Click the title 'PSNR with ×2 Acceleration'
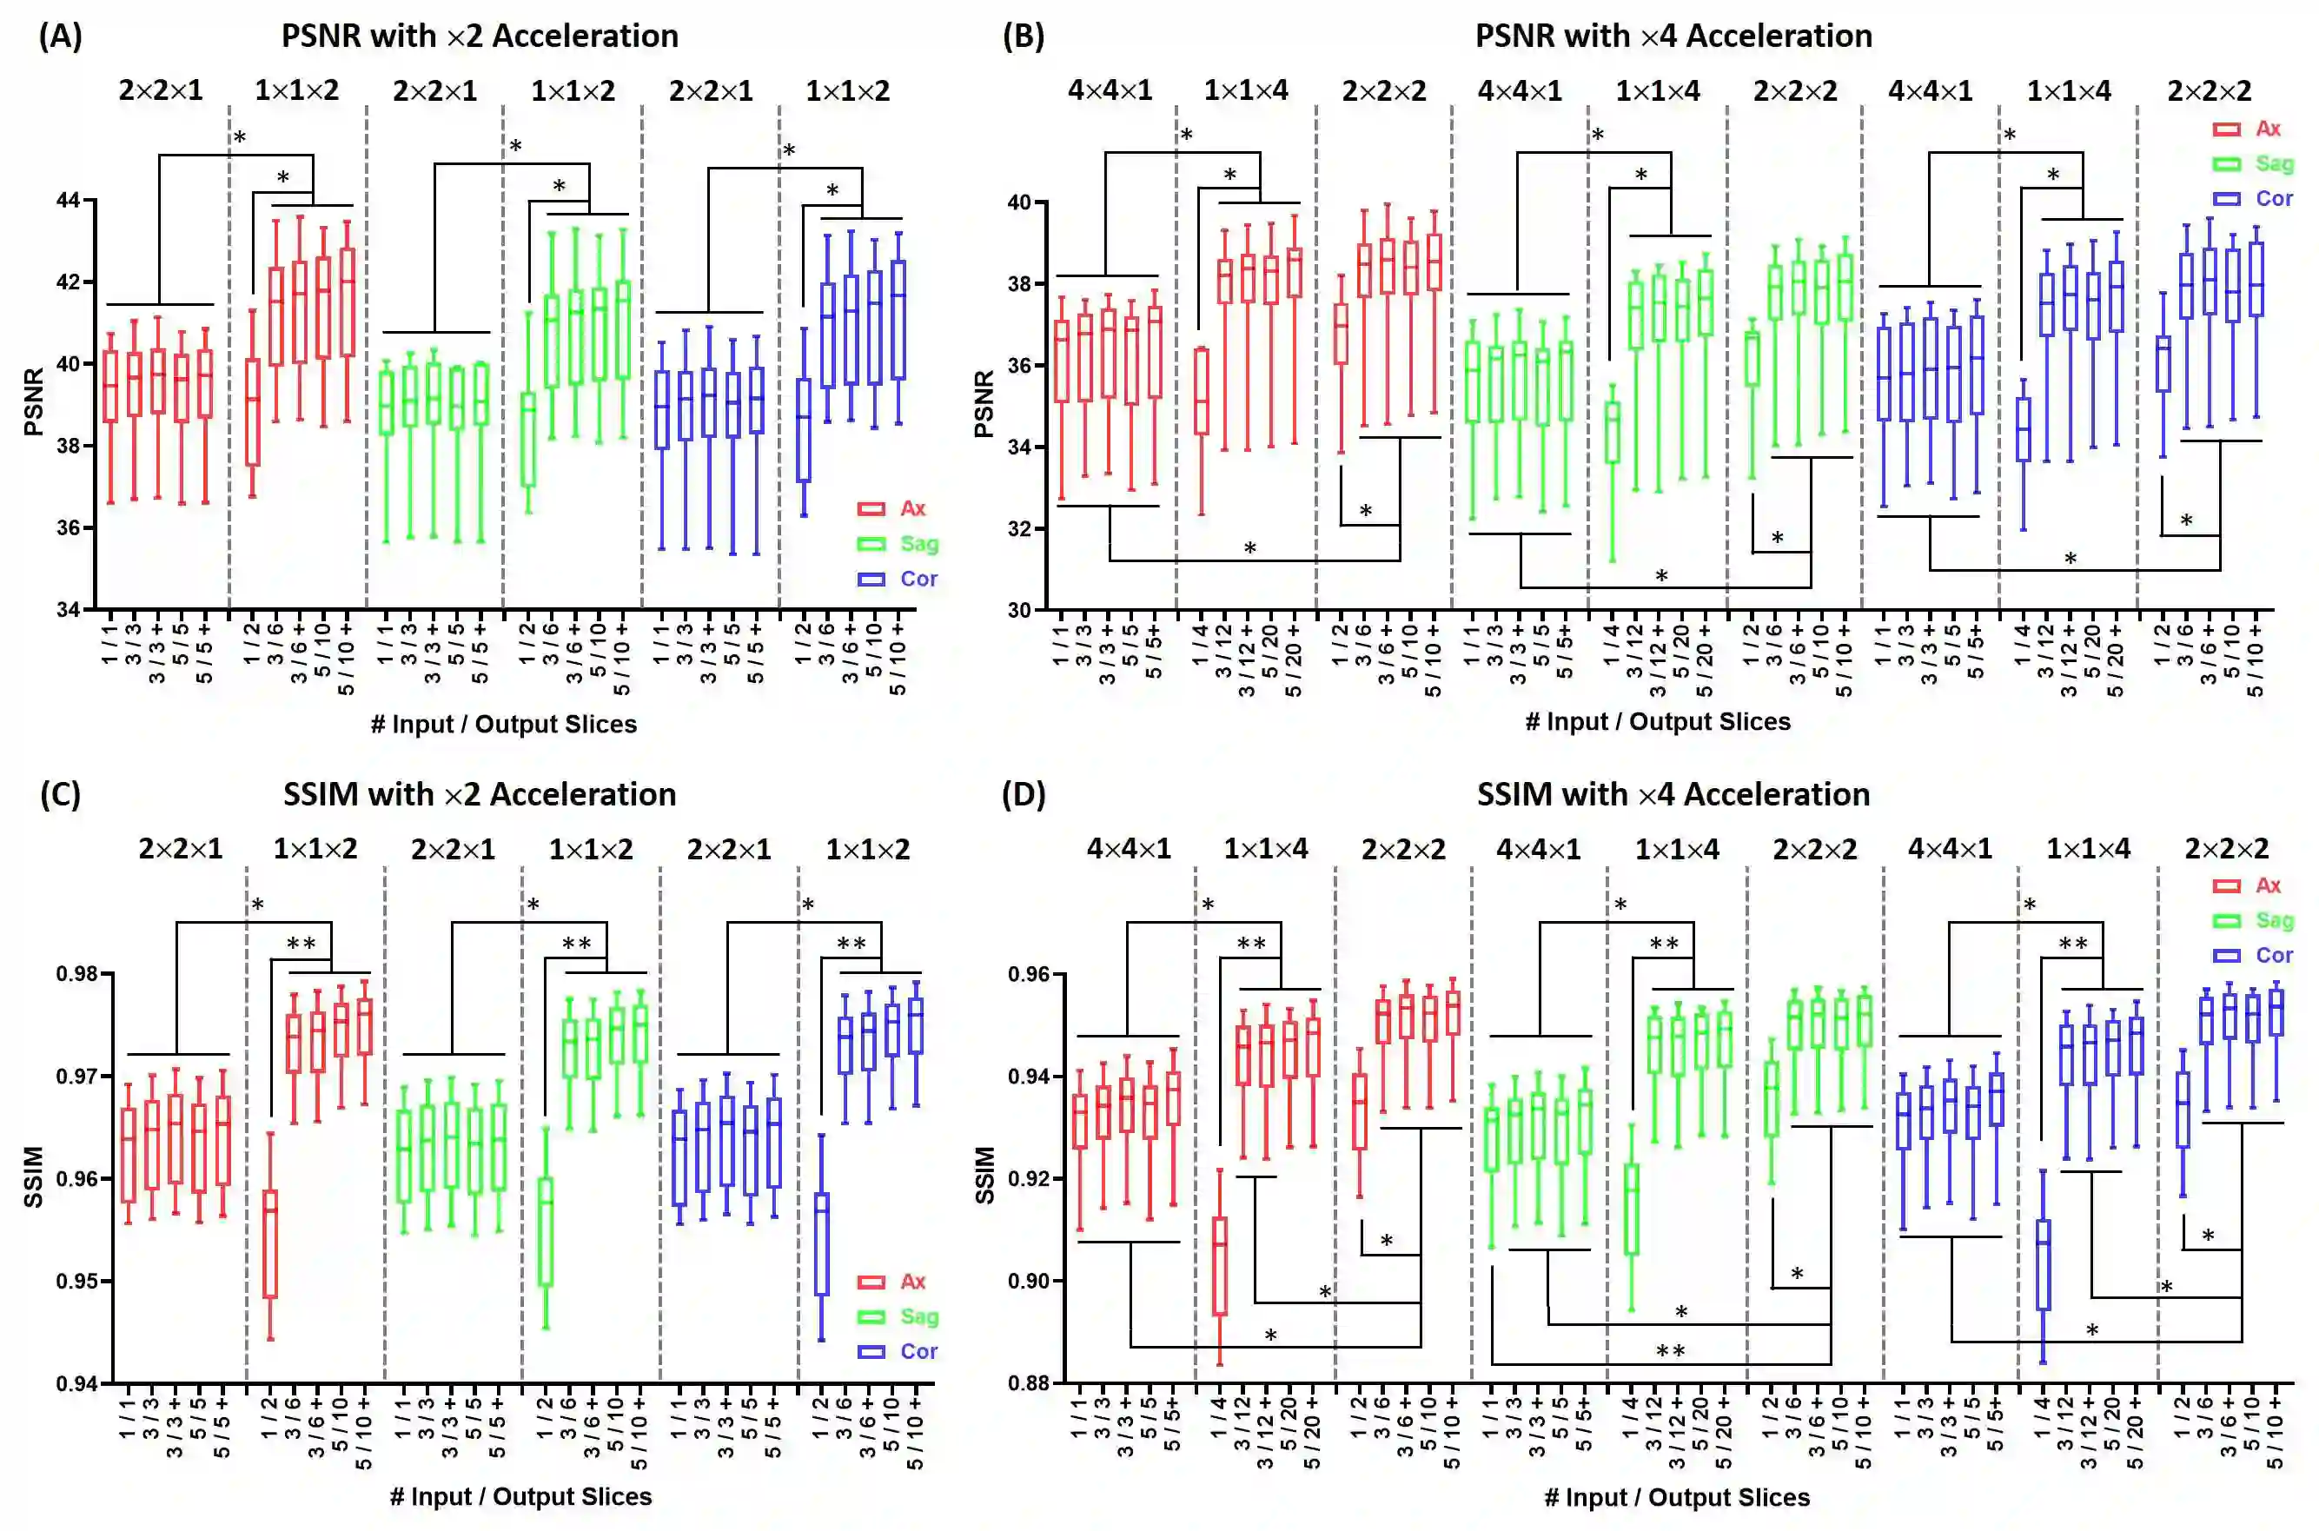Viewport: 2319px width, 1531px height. click(x=480, y=36)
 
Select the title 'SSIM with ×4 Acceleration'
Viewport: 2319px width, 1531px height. click(x=1673, y=794)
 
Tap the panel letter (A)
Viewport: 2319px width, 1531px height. click(x=61, y=36)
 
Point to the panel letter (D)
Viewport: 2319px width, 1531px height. click(x=1024, y=794)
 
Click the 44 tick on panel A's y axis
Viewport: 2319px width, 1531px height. click(x=69, y=200)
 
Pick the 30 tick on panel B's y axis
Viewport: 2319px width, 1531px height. click(x=1020, y=610)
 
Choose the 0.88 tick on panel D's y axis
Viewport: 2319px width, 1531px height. click(x=1028, y=1382)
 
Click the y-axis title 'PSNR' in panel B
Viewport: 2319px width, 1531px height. click(x=984, y=403)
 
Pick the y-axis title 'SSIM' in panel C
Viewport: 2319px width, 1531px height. click(x=33, y=1176)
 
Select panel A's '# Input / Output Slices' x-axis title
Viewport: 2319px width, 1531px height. click(x=503, y=724)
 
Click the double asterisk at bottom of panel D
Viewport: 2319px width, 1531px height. click(x=1671, y=1352)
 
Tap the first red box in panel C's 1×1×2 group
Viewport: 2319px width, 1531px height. click(x=270, y=1243)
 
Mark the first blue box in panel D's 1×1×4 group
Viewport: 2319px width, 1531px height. click(x=2043, y=1264)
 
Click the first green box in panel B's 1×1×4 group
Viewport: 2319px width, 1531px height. click(x=1613, y=432)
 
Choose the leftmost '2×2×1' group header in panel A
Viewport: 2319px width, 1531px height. click(x=161, y=91)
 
